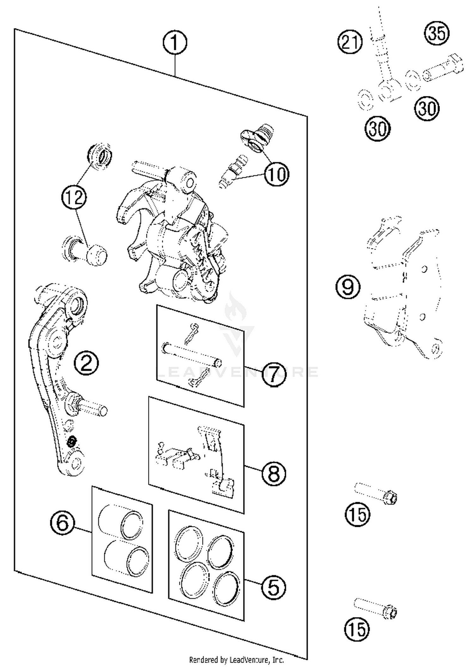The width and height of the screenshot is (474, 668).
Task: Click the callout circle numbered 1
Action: pyautogui.click(x=175, y=43)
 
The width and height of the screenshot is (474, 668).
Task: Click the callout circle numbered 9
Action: pyautogui.click(x=348, y=286)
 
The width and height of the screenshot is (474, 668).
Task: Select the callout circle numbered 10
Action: pyautogui.click(x=277, y=174)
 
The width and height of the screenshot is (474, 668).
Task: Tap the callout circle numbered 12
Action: pyautogui.click(x=74, y=197)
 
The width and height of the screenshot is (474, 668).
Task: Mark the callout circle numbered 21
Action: pyautogui.click(x=350, y=42)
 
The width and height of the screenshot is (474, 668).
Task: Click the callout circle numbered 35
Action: pyautogui.click(x=437, y=33)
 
